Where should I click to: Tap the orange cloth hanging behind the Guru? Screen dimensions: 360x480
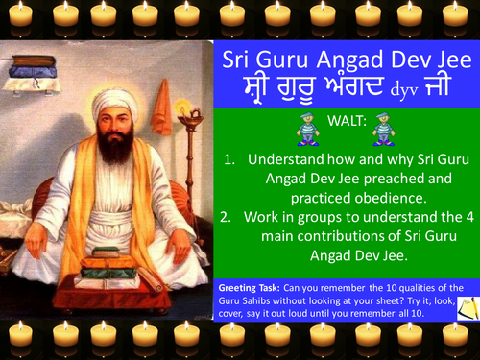[164, 104]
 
